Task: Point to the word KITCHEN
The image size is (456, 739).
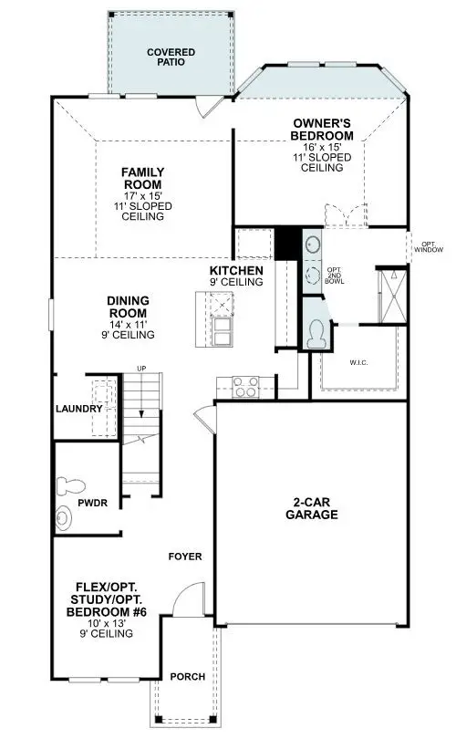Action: pyautogui.click(x=236, y=271)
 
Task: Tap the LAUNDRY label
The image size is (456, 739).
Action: pyautogui.click(x=79, y=409)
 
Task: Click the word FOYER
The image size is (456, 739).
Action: pyautogui.click(x=184, y=557)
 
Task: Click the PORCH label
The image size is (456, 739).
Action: pyautogui.click(x=186, y=677)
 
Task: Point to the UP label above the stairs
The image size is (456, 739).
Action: pyautogui.click(x=140, y=368)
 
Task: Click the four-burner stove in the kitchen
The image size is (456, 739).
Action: pyautogui.click(x=244, y=386)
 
